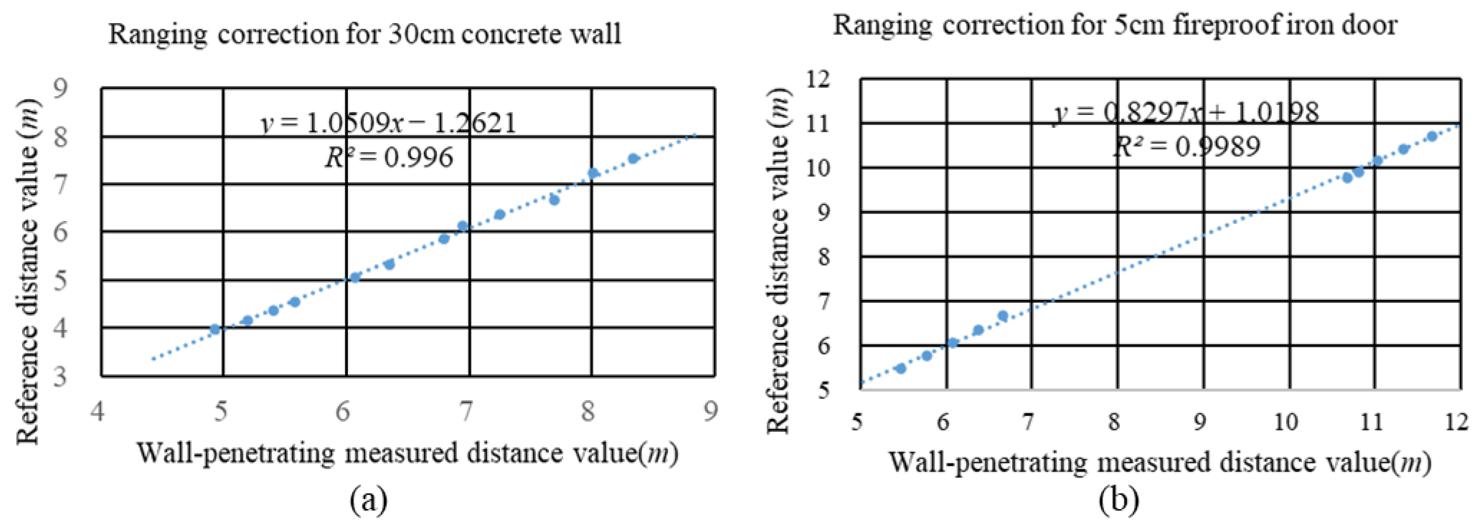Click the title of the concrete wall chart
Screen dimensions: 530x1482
(365, 33)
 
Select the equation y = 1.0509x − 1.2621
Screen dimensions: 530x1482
(389, 123)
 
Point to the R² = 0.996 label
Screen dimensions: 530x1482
(389, 157)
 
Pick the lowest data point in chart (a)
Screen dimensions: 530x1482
(215, 329)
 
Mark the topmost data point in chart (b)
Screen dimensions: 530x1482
(1432, 136)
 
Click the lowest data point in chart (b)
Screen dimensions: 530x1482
(901, 368)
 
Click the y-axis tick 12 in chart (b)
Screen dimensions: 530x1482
(817, 79)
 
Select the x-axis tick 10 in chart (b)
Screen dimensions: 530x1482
(1285, 423)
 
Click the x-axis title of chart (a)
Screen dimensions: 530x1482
(407, 454)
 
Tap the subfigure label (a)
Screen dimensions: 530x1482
(368, 500)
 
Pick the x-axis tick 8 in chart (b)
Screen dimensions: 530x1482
(1114, 423)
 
